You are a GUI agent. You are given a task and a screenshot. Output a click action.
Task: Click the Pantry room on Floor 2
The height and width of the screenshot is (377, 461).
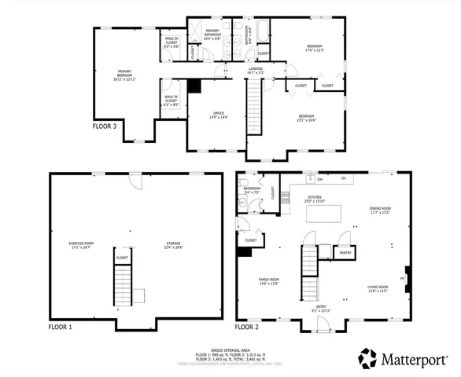point(345,253)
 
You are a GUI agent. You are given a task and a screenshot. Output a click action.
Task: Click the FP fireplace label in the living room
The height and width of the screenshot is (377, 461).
point(404,277)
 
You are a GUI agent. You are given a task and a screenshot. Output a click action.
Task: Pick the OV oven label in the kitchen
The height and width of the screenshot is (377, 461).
point(344,178)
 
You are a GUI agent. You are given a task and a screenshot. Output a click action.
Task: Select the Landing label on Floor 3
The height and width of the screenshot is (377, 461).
point(256,70)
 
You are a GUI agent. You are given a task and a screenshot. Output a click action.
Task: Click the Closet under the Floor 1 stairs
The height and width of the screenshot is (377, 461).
point(122,257)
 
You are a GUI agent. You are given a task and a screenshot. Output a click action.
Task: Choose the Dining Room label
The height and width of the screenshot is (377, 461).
point(380,210)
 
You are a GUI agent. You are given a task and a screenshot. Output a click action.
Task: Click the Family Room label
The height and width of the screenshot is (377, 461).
point(270,280)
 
